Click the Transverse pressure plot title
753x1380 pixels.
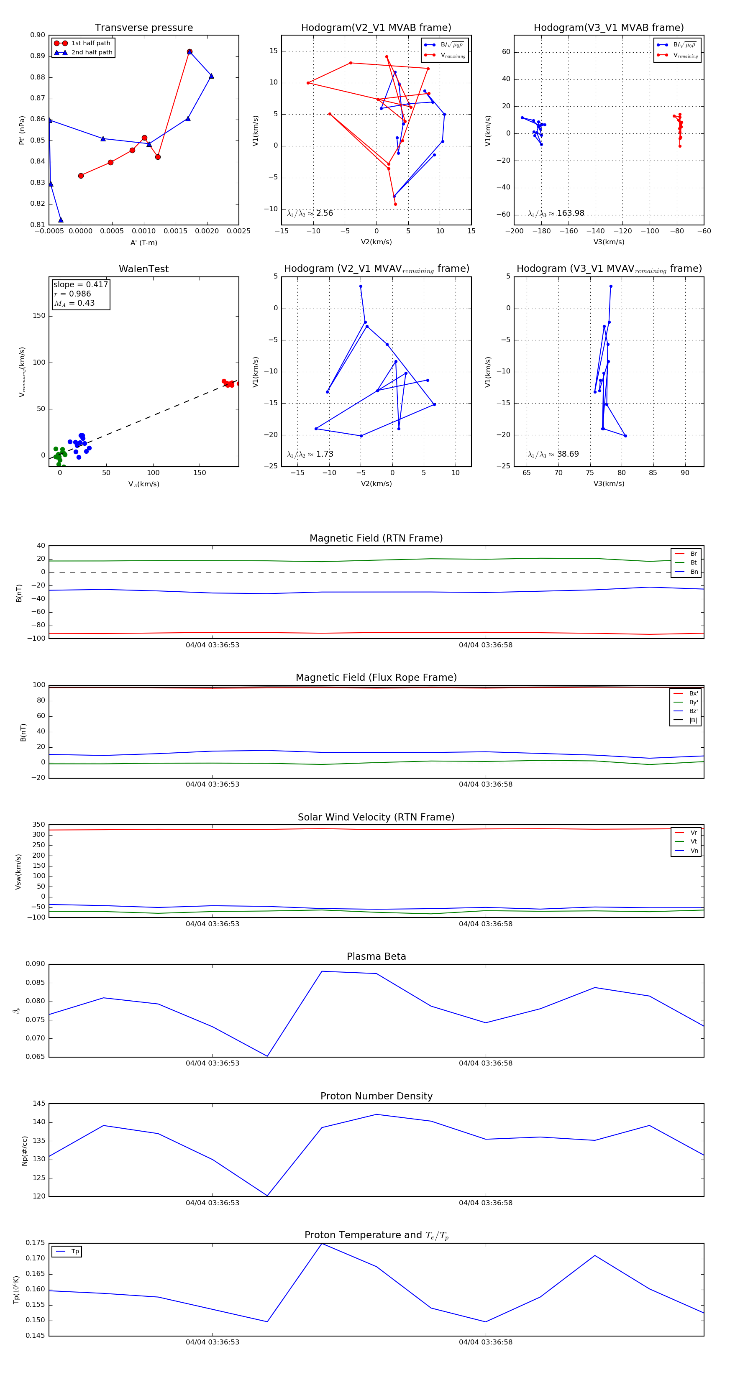tap(143, 28)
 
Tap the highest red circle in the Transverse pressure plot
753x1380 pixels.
tap(189, 52)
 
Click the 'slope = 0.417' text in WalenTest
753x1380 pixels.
tap(80, 284)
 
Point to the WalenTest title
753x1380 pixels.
tap(143, 269)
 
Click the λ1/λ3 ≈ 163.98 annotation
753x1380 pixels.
tap(556, 213)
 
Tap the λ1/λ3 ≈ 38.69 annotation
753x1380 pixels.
tap(553, 454)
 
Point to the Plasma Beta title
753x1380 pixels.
tap(376, 956)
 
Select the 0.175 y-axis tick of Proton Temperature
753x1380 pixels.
tap(36, 1243)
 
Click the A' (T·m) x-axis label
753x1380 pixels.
tap(143, 243)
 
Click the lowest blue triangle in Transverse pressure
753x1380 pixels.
tap(61, 220)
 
